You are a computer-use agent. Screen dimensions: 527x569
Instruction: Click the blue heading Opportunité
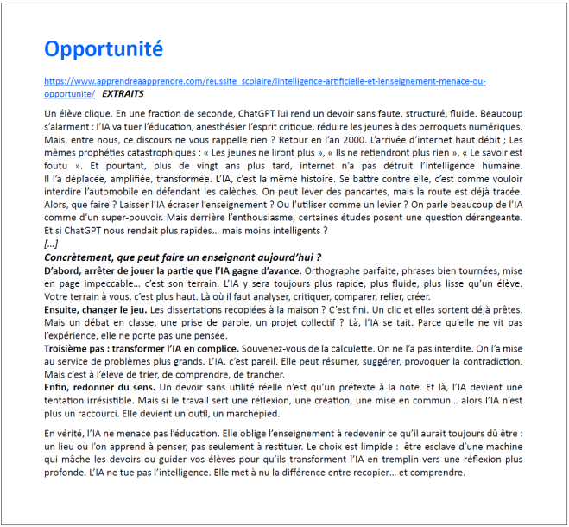point(103,48)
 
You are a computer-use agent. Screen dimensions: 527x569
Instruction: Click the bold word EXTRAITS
point(123,93)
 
